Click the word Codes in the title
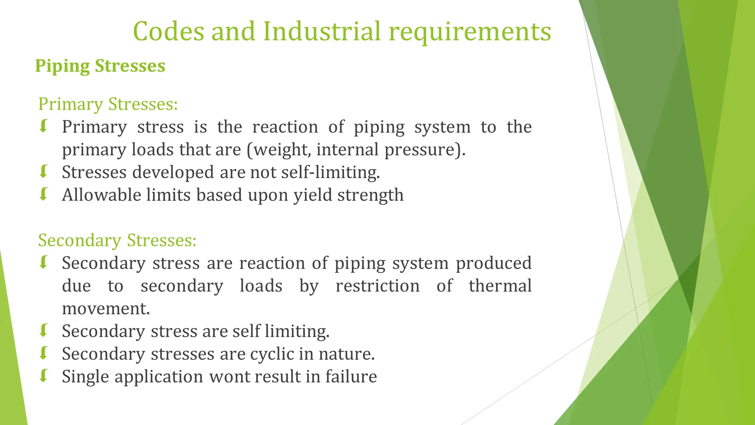(x=168, y=31)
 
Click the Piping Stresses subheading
(x=100, y=66)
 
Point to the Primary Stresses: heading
(x=108, y=104)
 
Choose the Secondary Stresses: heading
(x=117, y=241)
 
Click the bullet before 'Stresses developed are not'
(x=44, y=172)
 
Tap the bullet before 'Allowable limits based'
(x=44, y=194)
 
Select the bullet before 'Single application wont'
(x=44, y=376)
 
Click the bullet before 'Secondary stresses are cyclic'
(x=44, y=353)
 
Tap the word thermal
(x=500, y=286)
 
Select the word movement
(x=105, y=309)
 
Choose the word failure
(x=351, y=377)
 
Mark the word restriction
(x=377, y=286)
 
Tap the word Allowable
(x=101, y=195)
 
